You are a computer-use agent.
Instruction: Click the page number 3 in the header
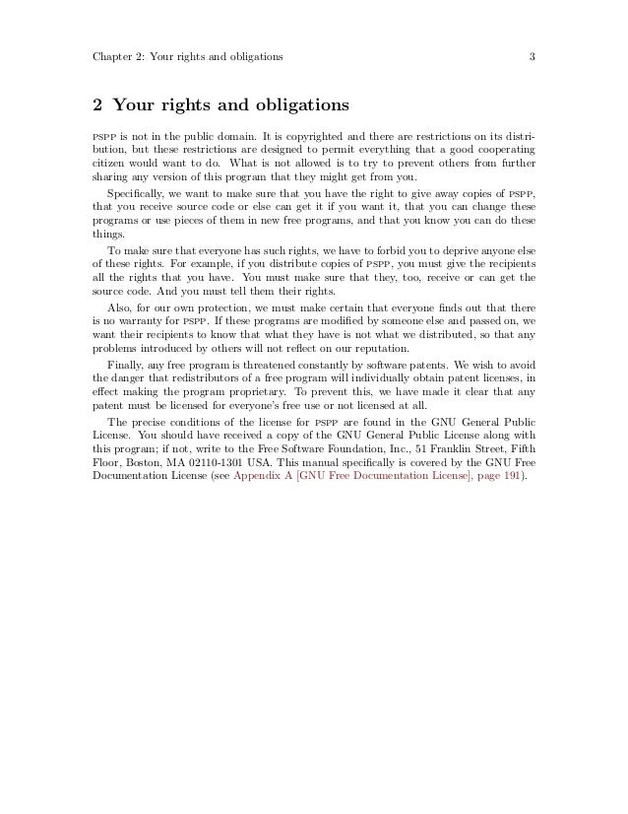click(531, 55)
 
